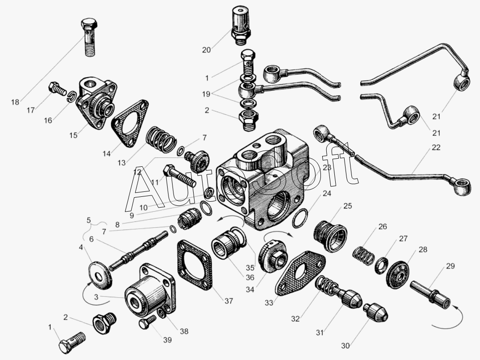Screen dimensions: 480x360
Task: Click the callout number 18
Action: (15, 102)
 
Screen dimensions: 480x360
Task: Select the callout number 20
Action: (206, 50)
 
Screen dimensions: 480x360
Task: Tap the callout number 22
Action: (436, 147)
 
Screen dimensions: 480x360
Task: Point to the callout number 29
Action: (450, 266)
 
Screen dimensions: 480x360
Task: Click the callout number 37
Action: (229, 301)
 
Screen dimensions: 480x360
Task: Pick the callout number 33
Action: (269, 303)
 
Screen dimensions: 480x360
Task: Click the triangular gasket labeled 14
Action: (130, 123)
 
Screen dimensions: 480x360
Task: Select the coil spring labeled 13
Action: (161, 139)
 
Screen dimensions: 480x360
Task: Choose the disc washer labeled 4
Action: (100, 275)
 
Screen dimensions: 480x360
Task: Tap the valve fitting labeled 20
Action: (241, 25)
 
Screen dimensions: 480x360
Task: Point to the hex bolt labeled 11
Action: (180, 176)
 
